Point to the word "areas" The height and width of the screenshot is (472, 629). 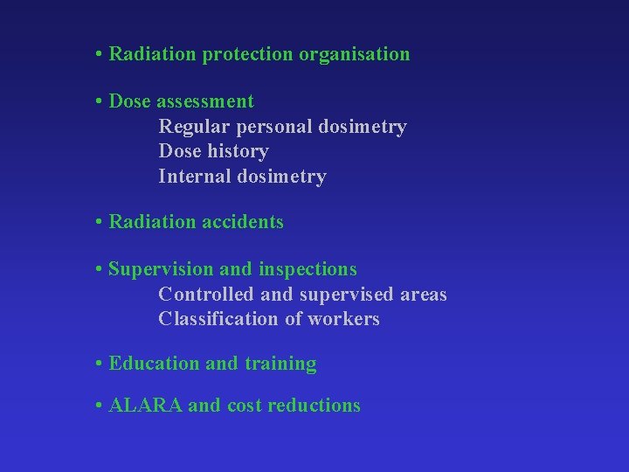[424, 295]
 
